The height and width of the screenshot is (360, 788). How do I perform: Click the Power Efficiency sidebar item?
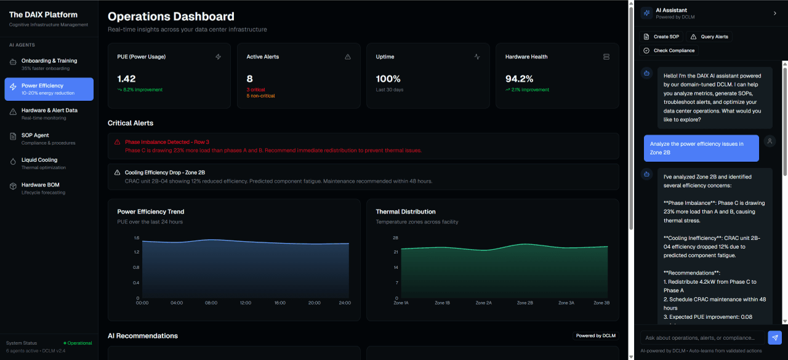(49, 89)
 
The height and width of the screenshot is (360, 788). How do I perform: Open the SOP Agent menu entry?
(49, 138)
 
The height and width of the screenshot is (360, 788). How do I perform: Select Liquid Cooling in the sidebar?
(49, 163)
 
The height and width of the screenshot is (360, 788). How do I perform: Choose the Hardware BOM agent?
(49, 188)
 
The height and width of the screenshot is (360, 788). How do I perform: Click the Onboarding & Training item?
(49, 64)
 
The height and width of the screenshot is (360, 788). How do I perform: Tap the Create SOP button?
(662, 37)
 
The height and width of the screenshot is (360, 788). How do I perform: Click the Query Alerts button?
(709, 37)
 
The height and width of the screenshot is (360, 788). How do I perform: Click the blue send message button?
(775, 337)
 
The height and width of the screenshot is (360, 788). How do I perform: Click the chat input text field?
(702, 338)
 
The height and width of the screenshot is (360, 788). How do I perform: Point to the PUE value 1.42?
(126, 79)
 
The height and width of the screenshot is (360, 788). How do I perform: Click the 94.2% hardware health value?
(519, 79)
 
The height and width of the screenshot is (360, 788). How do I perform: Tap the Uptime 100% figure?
(388, 79)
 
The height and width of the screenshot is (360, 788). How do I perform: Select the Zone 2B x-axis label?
(525, 303)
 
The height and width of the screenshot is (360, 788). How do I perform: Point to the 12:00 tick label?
(245, 303)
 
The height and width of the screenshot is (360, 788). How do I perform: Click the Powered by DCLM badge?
(595, 336)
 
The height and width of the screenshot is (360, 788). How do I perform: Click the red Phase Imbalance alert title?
(167, 142)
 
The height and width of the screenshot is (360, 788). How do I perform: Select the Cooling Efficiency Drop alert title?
(164, 173)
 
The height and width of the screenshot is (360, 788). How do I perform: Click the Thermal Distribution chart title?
(406, 212)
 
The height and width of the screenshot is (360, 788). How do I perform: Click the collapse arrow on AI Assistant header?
(774, 13)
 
